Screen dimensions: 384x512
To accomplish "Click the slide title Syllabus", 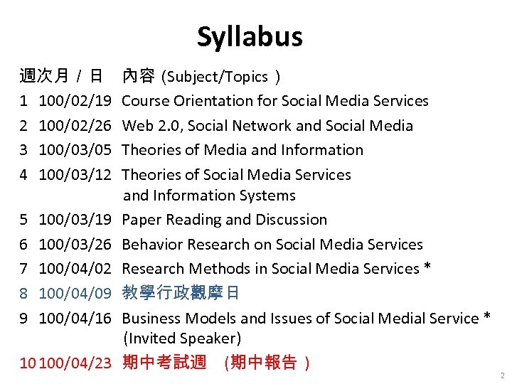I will pos(250,37).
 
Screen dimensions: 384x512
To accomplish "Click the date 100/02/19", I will pos(75,101).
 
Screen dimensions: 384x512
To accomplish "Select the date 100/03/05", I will pos(75,150).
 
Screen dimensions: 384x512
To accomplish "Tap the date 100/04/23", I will pos(76,363).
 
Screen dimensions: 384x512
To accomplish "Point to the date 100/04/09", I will pos(75,294).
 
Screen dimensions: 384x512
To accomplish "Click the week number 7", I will pos(24,269).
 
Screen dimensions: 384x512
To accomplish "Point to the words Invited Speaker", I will pos(183,338).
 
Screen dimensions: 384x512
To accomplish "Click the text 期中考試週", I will pos(164,363).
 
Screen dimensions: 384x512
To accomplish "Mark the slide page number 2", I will pos(501,375).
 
